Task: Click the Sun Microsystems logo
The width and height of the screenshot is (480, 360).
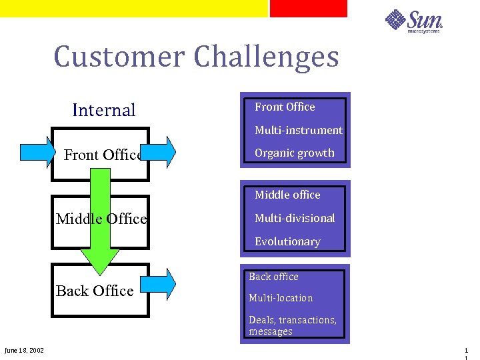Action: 414,21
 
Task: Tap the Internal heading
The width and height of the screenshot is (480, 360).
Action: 103,110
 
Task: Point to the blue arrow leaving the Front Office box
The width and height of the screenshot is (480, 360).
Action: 162,152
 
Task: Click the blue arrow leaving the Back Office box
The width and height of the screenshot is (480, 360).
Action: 162,283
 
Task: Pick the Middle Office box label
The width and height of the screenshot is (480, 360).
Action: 101,219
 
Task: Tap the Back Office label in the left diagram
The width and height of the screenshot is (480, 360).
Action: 95,291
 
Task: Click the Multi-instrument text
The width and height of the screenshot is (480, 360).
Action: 298,130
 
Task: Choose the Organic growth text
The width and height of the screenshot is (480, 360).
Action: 295,153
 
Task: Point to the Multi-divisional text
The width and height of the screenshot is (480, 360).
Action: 295,218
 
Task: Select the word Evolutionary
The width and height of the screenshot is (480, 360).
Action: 287,241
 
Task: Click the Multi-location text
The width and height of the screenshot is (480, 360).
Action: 281,298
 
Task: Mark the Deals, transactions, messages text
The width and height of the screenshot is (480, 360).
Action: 293,325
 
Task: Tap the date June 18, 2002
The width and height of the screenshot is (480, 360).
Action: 24,351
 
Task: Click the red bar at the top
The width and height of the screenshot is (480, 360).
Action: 308,8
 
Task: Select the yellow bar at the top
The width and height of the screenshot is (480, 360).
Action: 133,8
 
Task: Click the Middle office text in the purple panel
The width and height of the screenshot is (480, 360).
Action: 287,195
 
